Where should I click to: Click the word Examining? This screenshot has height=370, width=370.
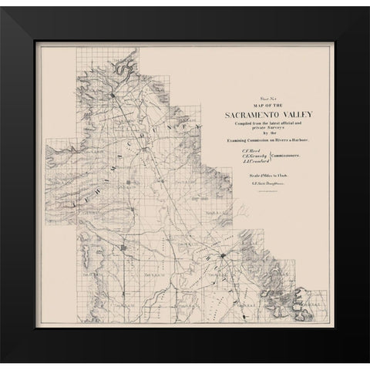[234, 140]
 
